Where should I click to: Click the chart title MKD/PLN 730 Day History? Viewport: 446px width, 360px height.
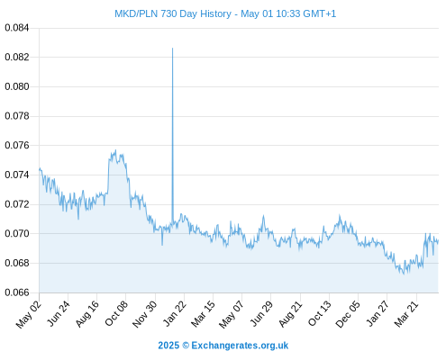pyautogui.click(x=173, y=13)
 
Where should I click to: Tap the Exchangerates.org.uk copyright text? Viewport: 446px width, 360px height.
pyautogui.click(x=240, y=346)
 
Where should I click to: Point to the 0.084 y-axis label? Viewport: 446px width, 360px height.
pyautogui.click(x=17, y=28)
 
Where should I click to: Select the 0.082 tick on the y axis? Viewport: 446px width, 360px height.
pyautogui.click(x=17, y=57)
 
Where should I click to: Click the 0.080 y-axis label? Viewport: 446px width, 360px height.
pyautogui.click(x=17, y=86)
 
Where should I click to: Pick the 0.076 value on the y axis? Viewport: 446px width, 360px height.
pyautogui.click(x=17, y=146)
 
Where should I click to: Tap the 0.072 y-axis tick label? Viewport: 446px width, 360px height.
pyautogui.click(x=17, y=204)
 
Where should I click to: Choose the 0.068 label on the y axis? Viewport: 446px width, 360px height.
pyautogui.click(x=17, y=263)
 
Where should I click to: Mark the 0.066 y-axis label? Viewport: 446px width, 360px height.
pyautogui.click(x=17, y=292)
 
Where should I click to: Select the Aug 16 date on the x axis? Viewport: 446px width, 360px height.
pyautogui.click(x=87, y=313)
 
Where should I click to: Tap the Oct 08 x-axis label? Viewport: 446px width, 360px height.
pyautogui.click(x=116, y=313)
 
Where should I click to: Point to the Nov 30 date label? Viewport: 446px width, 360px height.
pyautogui.click(x=144, y=314)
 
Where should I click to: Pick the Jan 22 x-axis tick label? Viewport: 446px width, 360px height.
pyautogui.click(x=175, y=313)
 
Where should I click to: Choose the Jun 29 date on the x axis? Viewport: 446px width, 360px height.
pyautogui.click(x=261, y=313)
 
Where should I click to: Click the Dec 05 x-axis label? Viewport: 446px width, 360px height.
pyautogui.click(x=348, y=314)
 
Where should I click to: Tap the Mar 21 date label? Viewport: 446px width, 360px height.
pyautogui.click(x=406, y=314)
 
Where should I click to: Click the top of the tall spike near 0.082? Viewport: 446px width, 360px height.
pyautogui.click(x=172, y=48)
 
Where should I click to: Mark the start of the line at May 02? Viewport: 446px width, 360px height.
pyautogui.click(x=40, y=169)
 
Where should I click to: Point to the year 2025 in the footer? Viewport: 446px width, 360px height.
pyautogui.click(x=168, y=346)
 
